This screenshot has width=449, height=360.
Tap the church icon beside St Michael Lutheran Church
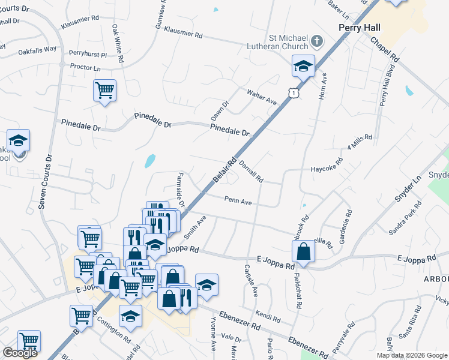(x=318, y=42)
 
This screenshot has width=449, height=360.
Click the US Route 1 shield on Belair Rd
(x=293, y=92)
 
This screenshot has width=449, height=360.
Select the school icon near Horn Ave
(x=304, y=66)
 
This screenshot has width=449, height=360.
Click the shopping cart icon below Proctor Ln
(x=104, y=91)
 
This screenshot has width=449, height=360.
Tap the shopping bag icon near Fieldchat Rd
(x=304, y=252)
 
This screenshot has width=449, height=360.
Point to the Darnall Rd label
(x=252, y=171)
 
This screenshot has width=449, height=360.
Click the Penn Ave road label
(x=238, y=201)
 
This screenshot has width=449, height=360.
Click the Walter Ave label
(x=262, y=97)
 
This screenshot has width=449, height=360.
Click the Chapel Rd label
(x=385, y=49)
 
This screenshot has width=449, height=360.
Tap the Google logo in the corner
(x=20, y=353)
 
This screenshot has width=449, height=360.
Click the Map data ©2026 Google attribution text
(x=411, y=355)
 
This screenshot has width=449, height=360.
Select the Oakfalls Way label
(x=37, y=49)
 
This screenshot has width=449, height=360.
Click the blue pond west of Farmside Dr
(x=149, y=161)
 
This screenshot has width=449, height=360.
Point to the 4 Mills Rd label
(x=360, y=143)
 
